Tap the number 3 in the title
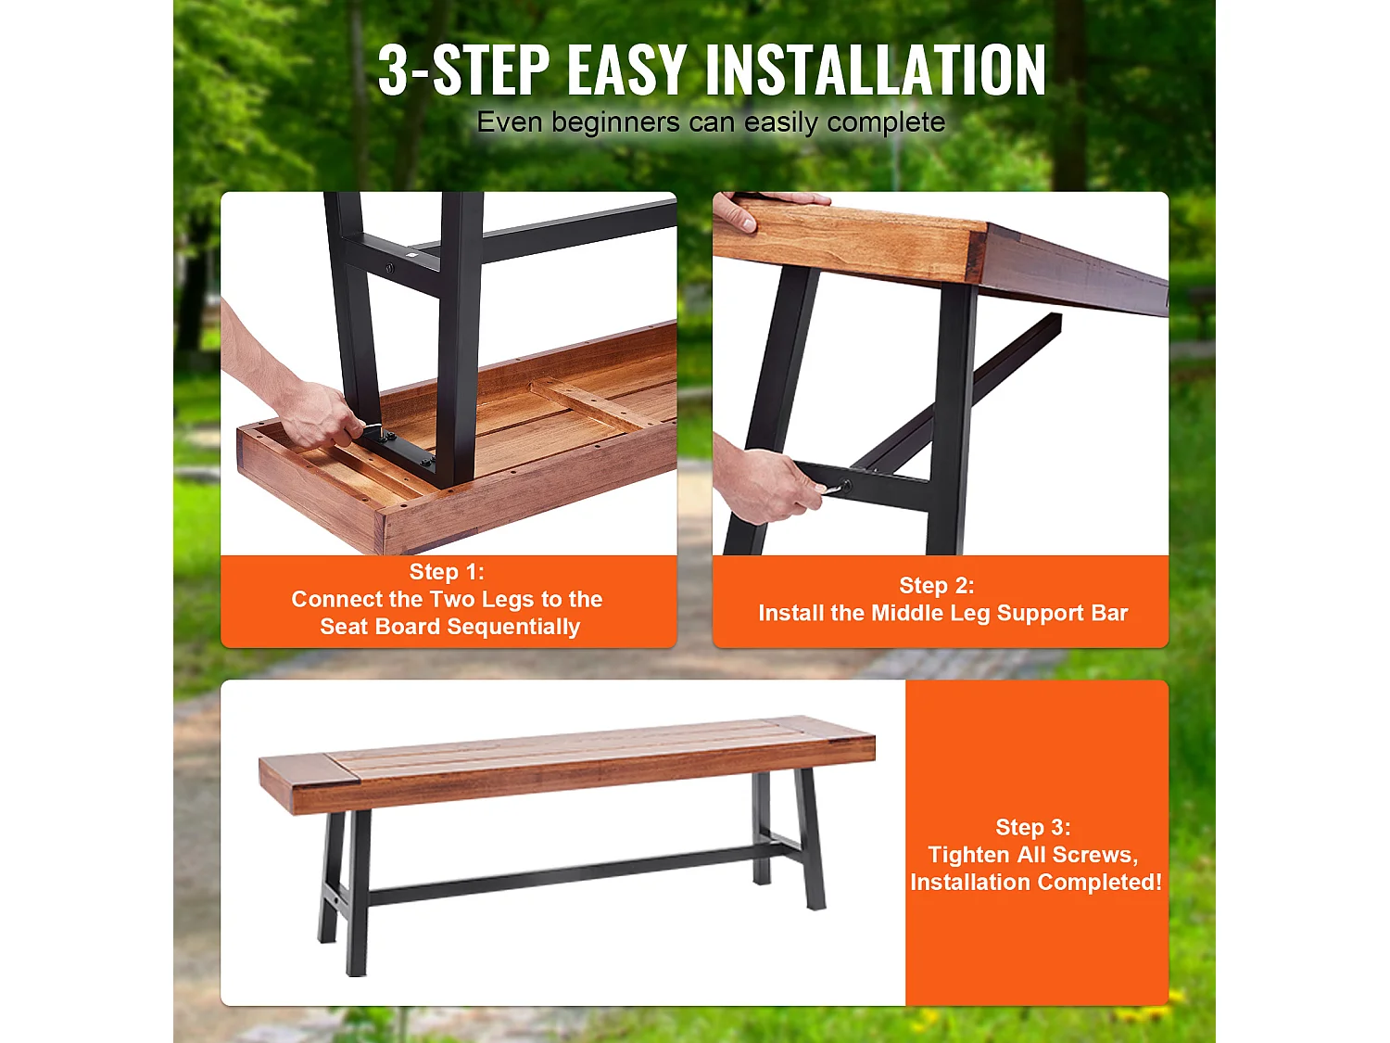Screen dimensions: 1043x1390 [393, 70]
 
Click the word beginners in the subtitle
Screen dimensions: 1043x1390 [615, 122]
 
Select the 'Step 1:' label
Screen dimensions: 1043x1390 [447, 572]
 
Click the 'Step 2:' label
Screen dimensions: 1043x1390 [936, 586]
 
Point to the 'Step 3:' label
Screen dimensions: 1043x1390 [1032, 827]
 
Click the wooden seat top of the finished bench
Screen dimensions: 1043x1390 [565, 756]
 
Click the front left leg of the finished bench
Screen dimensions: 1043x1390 [356, 890]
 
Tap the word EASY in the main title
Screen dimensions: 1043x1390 [625, 70]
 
